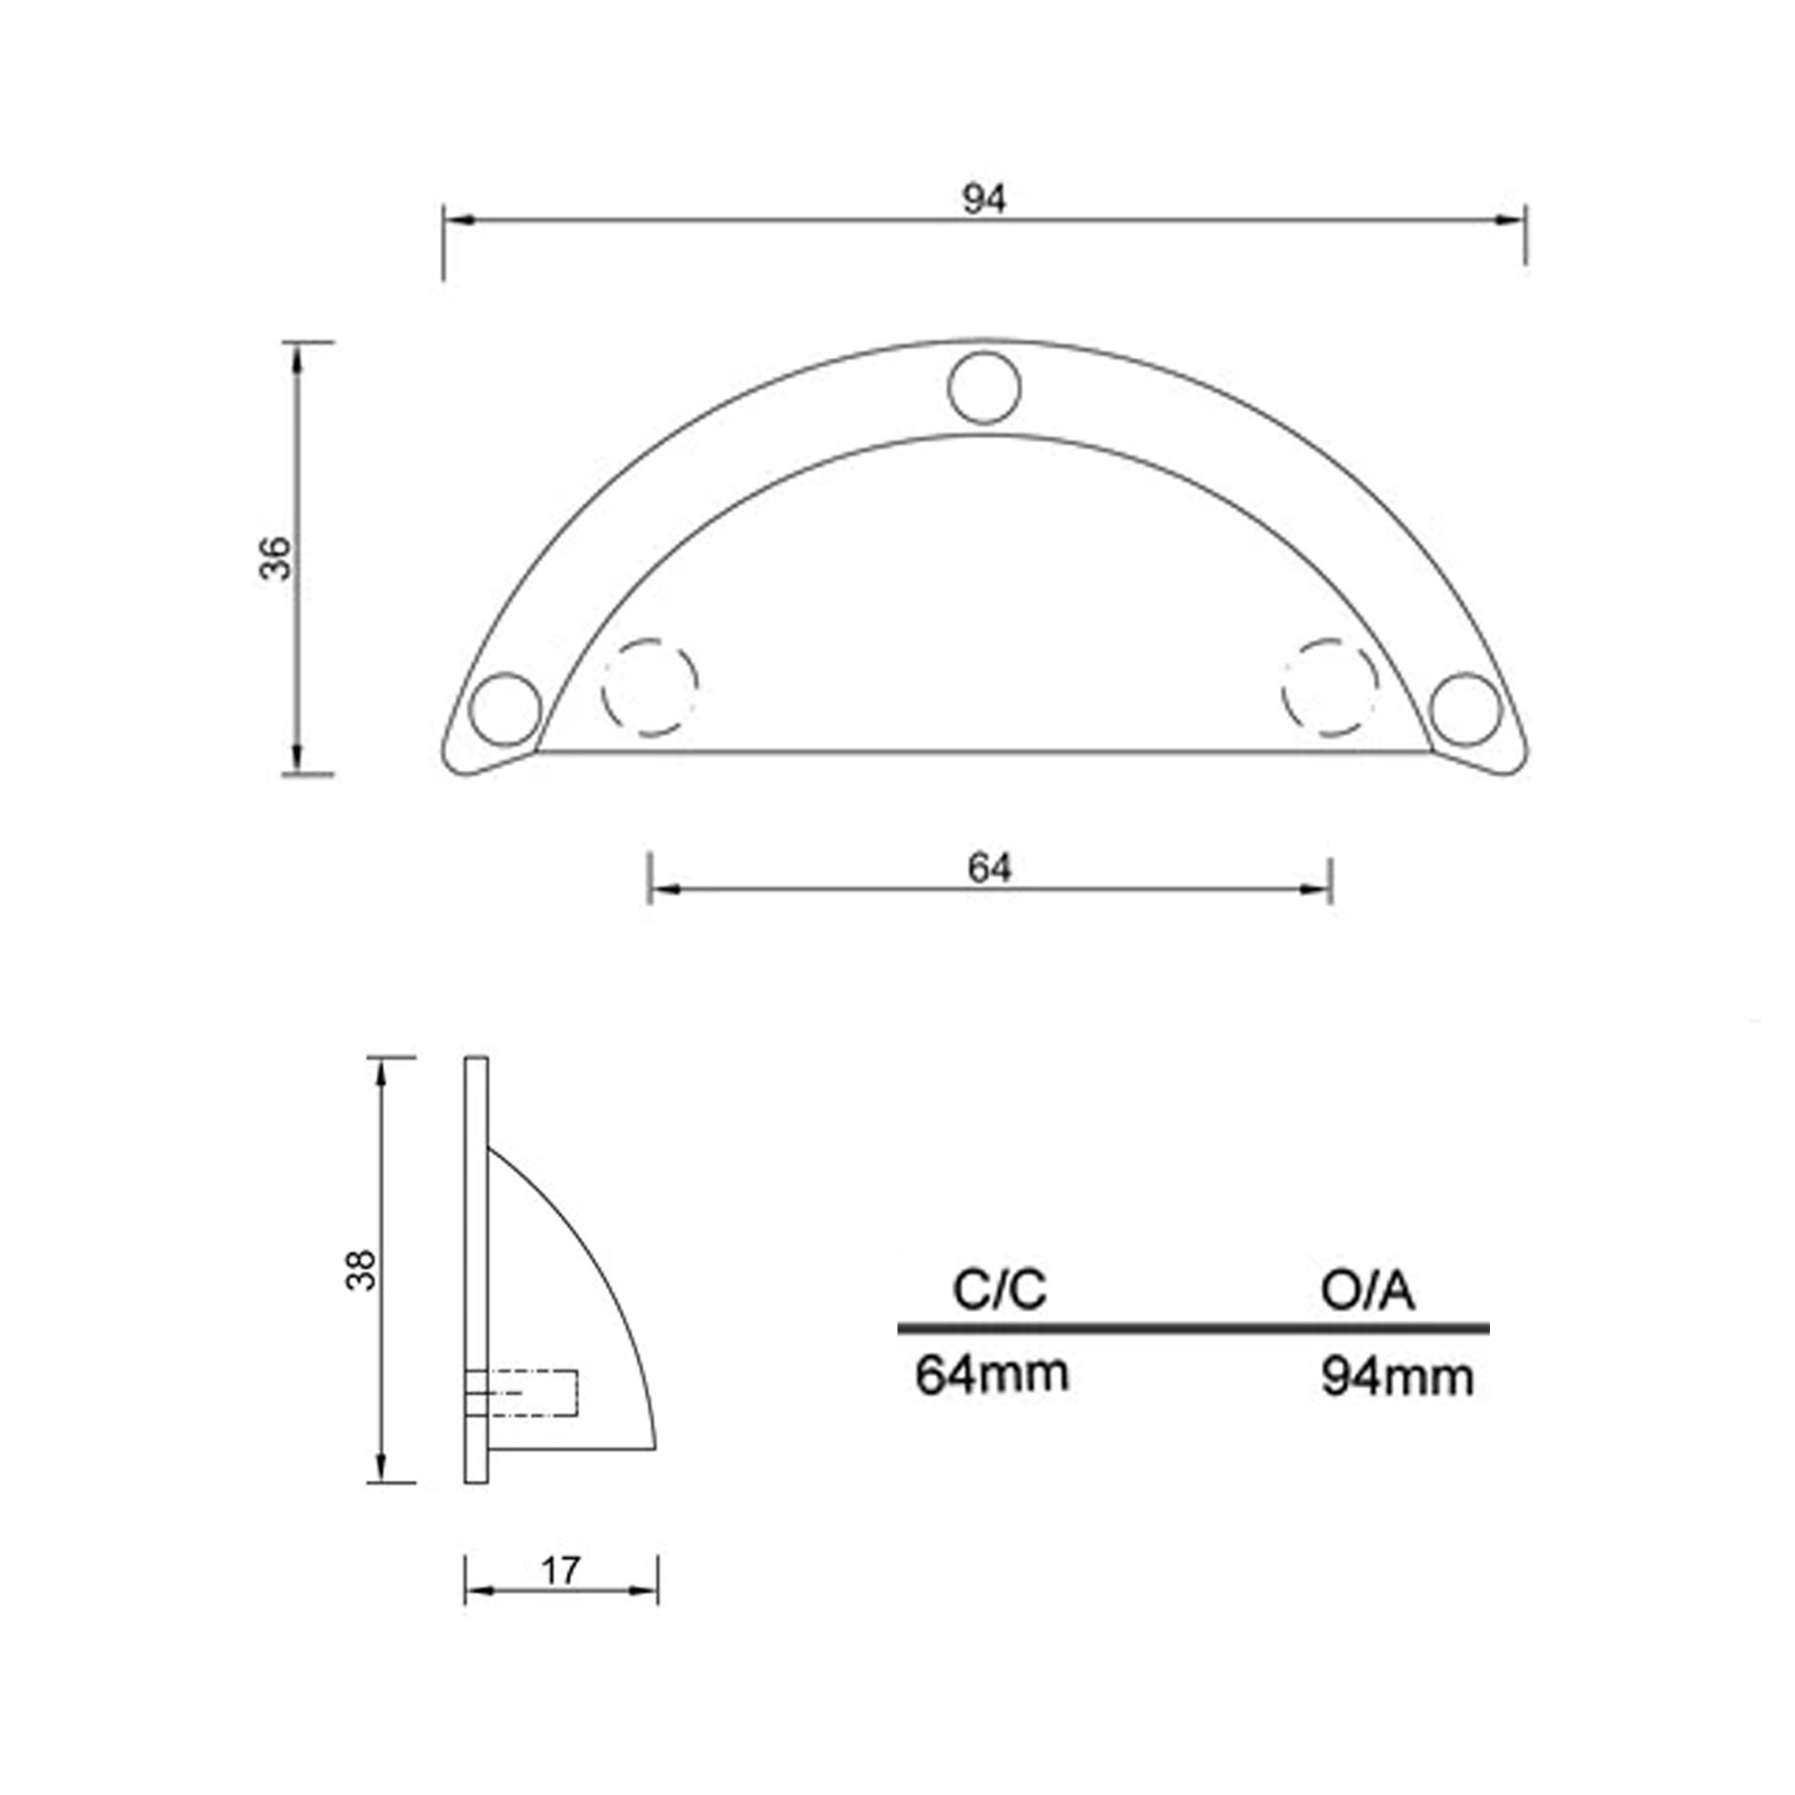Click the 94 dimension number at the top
(x=984, y=199)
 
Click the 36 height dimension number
(x=275, y=557)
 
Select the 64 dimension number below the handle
(x=988, y=868)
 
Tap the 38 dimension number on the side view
(x=361, y=1269)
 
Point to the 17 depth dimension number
(x=560, y=1572)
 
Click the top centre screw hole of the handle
(x=984, y=388)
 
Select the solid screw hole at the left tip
(x=505, y=709)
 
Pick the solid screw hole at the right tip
(x=1466, y=709)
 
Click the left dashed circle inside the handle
(x=649, y=687)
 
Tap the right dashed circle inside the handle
(x=1329, y=687)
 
